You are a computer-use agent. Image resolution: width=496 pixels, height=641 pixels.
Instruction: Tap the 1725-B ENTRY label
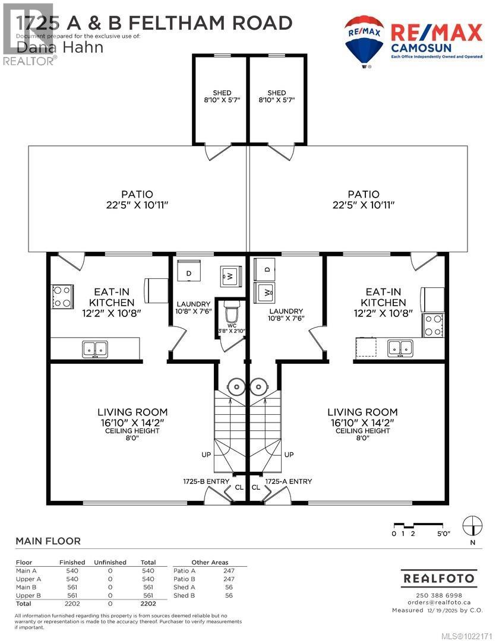coord(206,481)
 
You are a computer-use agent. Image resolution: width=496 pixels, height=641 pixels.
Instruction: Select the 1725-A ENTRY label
coord(288,481)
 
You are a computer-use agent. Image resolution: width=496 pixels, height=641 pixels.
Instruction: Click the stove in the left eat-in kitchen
coord(62,297)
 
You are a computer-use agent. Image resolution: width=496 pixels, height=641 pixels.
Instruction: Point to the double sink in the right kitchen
coord(400,348)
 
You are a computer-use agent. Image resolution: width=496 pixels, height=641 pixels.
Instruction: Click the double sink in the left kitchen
coord(95,350)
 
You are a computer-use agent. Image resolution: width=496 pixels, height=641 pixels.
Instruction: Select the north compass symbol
coord(472,524)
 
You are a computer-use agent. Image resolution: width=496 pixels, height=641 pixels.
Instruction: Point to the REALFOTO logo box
coord(439,577)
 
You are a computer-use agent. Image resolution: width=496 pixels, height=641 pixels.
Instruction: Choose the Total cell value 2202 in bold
coord(148,602)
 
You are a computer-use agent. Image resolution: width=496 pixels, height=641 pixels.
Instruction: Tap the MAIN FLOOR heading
coord(48,541)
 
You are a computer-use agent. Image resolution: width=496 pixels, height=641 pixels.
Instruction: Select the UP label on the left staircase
coord(206,455)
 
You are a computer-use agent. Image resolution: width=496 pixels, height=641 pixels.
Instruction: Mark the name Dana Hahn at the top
coord(59,47)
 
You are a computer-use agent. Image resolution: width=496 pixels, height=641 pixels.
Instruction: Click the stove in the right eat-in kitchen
coord(434,325)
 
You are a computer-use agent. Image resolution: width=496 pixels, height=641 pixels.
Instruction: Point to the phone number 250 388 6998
coord(439,595)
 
